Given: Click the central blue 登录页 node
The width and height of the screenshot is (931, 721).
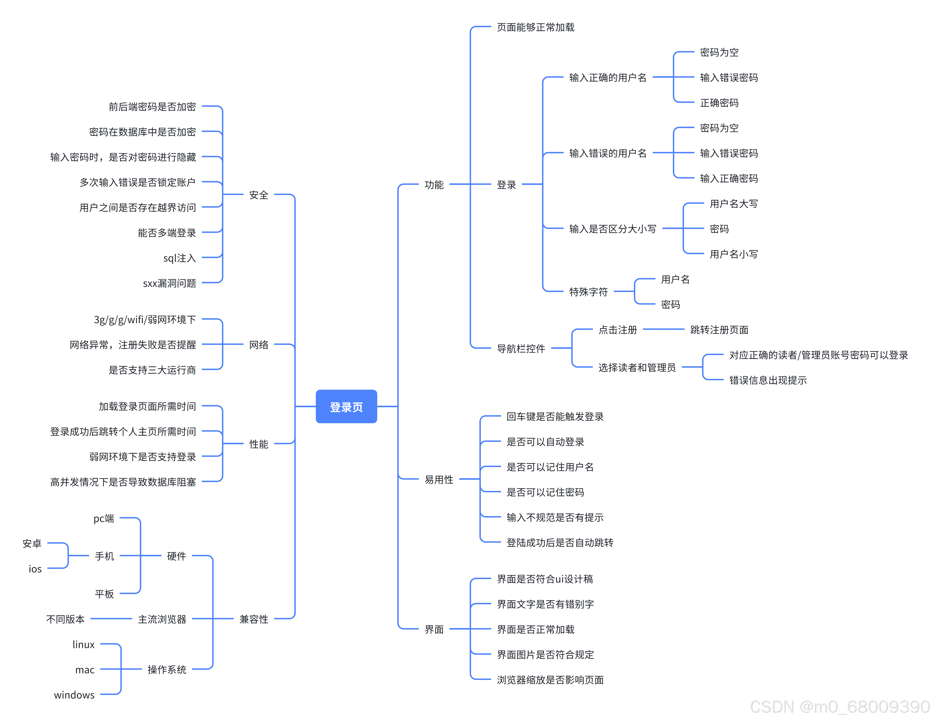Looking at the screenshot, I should pos(346,407).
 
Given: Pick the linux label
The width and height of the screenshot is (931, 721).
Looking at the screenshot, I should pos(83,644).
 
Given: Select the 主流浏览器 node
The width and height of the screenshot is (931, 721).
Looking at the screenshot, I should pos(162,619).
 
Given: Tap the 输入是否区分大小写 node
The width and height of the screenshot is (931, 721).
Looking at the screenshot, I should pos(612,229).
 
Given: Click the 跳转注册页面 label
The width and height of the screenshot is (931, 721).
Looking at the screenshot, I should pos(719,330).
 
